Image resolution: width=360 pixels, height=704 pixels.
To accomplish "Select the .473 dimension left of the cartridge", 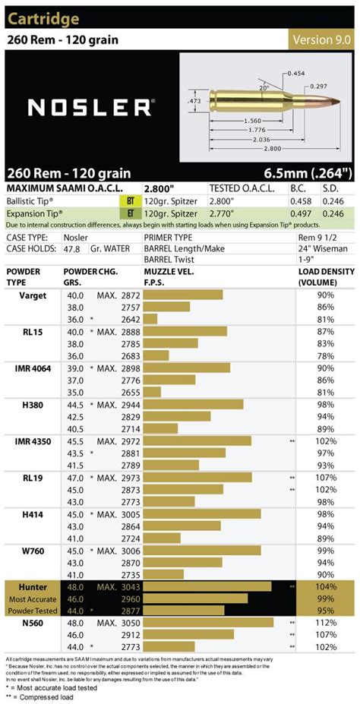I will (194, 99).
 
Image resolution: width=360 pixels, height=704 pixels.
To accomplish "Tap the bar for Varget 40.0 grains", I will (183, 295).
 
